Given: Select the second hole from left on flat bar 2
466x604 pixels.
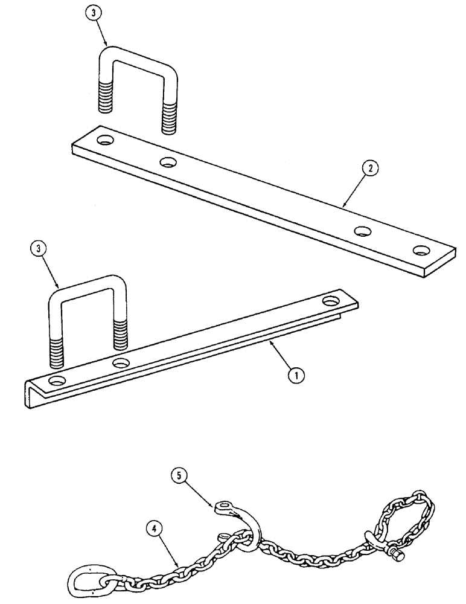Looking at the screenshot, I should click(x=168, y=161).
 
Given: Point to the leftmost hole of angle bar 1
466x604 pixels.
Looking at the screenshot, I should click(x=58, y=381).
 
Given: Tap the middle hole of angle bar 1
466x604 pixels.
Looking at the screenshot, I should click(x=121, y=363).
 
